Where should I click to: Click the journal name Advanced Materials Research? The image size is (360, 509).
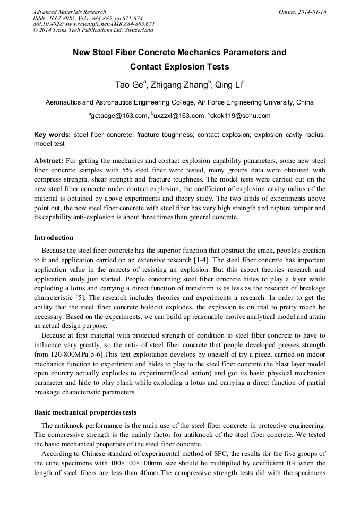[x=69, y=12]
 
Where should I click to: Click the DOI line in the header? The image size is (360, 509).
[x=93, y=24]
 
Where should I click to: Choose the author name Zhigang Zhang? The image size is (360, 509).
[x=180, y=85]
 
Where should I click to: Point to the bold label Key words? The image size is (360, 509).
[x=52, y=135]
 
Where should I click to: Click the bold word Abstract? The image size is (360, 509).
[x=49, y=160]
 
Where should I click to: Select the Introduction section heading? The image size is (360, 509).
[x=54, y=237]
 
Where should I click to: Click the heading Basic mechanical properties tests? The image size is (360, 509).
[x=85, y=412]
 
